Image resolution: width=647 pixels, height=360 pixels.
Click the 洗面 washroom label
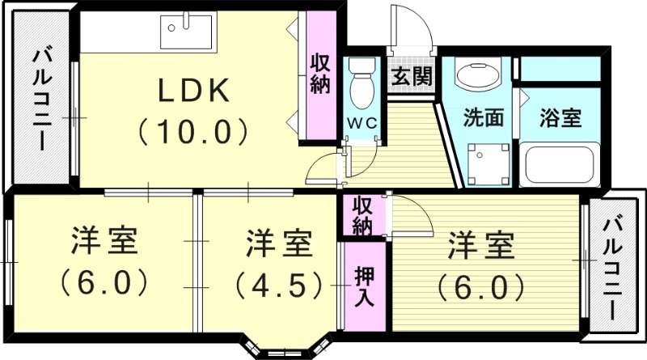(483, 116)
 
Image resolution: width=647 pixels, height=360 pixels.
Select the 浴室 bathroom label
(560, 116)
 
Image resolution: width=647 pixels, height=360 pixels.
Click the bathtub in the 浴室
(560, 166)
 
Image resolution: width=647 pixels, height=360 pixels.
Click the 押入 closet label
(364, 286)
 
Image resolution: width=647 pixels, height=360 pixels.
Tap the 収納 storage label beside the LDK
(320, 73)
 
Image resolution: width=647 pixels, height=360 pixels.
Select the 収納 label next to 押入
(362, 216)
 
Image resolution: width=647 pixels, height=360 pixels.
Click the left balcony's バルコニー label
(42, 99)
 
